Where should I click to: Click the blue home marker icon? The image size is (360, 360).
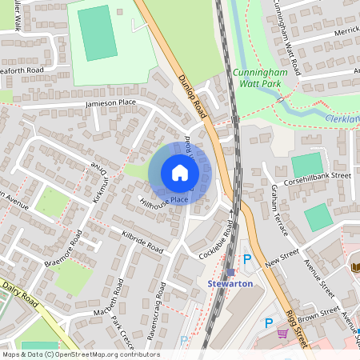click(179, 173)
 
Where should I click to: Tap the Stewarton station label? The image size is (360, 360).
click(230, 284)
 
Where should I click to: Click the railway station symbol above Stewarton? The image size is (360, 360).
click(230, 272)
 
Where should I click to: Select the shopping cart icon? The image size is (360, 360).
click(282, 333)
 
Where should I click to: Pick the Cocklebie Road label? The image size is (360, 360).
click(216, 239)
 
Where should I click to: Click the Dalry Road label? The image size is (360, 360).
click(21, 301)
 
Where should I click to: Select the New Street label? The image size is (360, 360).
click(282, 258)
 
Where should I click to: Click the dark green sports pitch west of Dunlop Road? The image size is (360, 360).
click(97, 31)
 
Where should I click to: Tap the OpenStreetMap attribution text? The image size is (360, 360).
click(80, 354)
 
